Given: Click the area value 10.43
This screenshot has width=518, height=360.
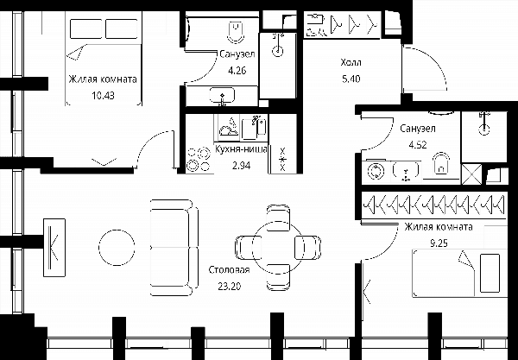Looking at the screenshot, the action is tap(103, 96).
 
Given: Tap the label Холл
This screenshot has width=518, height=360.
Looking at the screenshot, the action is tap(351, 62).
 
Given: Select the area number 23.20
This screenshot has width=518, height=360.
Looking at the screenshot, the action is tap(230, 286).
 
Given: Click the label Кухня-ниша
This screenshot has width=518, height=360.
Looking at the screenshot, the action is tap(241, 149).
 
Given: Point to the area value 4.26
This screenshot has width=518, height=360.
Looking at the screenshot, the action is tap(237, 70).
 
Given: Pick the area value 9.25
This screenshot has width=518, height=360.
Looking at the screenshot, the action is tap(439, 243).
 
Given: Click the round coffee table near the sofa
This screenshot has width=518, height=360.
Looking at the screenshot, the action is tap(117, 248).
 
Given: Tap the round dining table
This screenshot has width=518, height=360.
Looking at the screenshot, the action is tap(277, 247).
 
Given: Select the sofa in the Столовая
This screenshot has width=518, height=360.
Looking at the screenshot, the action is tap(174, 248).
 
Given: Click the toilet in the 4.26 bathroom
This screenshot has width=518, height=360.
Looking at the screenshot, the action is tap(236, 32).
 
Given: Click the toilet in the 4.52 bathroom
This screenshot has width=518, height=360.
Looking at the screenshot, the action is tap(441, 164).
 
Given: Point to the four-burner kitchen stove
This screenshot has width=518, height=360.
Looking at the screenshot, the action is tap(199, 159).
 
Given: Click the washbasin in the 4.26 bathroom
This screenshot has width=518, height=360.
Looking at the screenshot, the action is tap(223, 96).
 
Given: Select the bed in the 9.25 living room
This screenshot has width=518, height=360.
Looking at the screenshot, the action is tap(459, 273).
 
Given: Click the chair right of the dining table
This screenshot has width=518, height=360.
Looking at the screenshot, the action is tap(307, 247).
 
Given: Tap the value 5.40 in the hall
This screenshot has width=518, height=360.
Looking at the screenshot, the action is tap(351, 79).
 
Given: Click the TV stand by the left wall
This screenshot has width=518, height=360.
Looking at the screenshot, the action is tap(54, 248).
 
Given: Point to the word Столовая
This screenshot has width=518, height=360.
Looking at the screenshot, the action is tap(230, 270).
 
